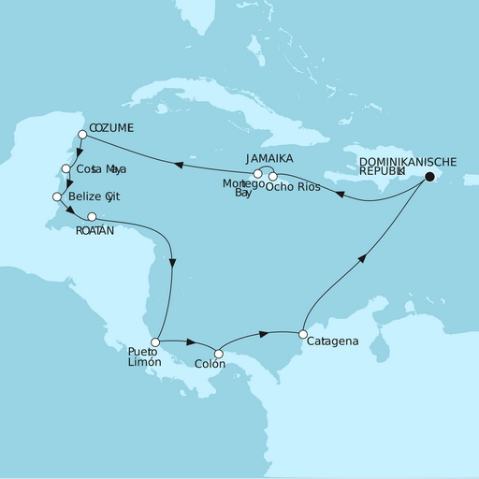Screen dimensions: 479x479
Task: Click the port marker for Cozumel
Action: tap(82, 135)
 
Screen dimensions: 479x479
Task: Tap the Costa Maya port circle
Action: tap(65, 169)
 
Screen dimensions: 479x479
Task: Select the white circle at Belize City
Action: tap(58, 197)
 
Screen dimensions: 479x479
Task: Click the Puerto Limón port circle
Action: tap(155, 342)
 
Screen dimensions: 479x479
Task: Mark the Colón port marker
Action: tap(218, 354)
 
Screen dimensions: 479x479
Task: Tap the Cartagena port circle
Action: tap(302, 333)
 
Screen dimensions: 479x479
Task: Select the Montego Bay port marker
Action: tap(258, 174)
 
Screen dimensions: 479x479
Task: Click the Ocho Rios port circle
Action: tap(273, 176)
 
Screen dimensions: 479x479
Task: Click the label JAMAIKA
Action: tap(270, 160)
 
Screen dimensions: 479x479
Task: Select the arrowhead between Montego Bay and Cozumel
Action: tap(177, 164)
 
